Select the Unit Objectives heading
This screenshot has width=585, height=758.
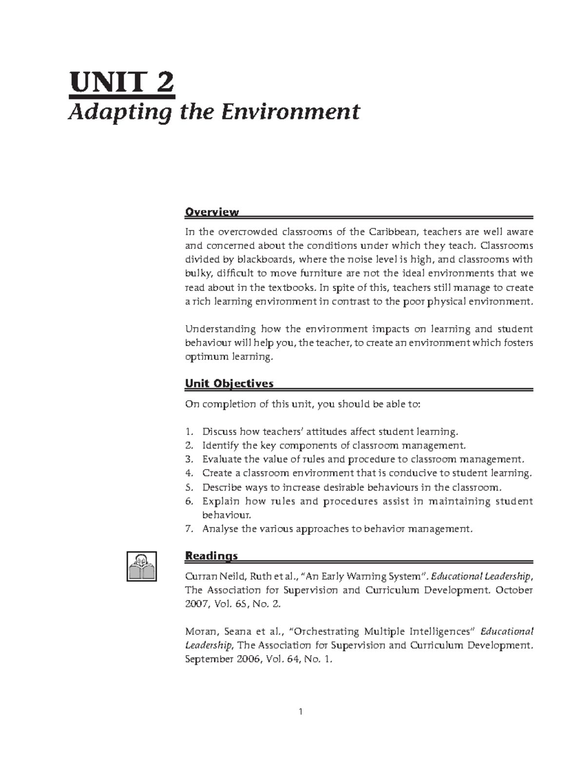pos(229,384)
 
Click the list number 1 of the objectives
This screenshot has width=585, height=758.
pos(189,432)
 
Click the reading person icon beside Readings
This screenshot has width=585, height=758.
pos(142,566)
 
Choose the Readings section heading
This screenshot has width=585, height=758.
pos(211,556)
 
